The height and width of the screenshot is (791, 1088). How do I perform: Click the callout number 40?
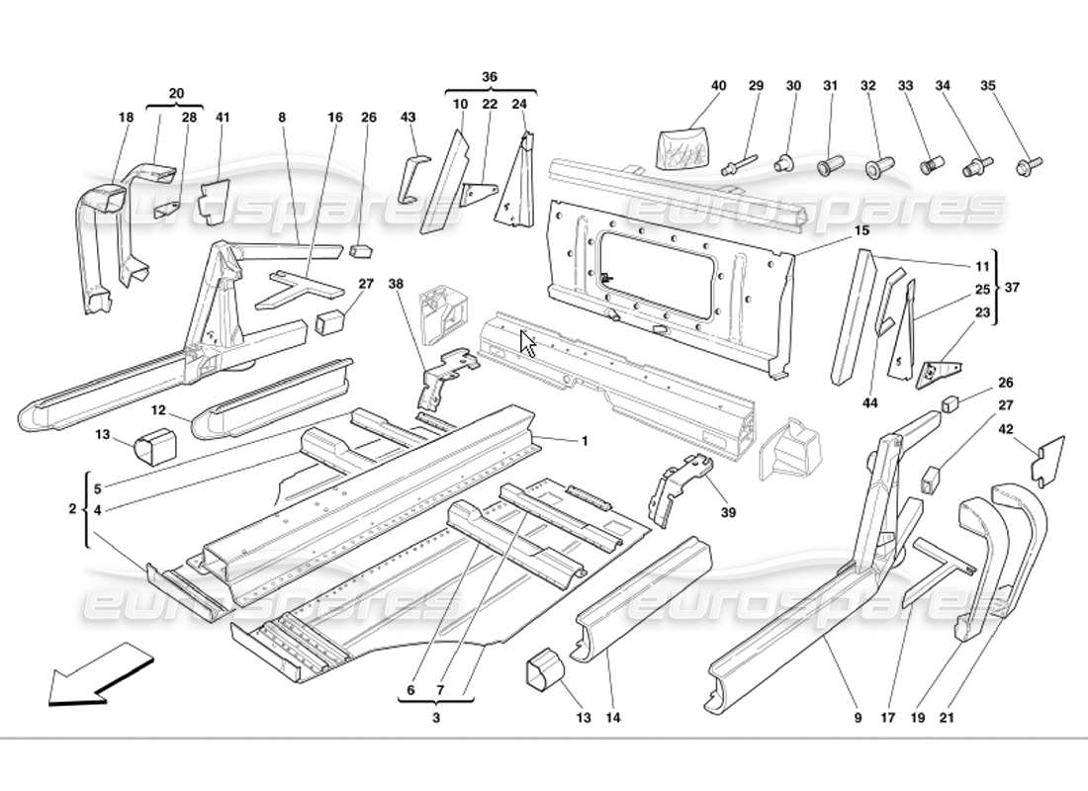pos(718,87)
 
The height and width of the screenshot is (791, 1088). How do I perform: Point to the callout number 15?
pos(861,230)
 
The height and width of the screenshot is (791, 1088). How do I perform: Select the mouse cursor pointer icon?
pos(529,343)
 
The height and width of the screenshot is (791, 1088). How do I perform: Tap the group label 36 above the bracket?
pos(490,77)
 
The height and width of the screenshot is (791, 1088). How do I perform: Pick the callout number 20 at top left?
pos(176,94)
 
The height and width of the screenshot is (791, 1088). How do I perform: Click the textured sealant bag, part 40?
pos(683,142)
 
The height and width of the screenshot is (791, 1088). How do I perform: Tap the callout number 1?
pos(585,441)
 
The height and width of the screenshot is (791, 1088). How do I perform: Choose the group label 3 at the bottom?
pos(435,719)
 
